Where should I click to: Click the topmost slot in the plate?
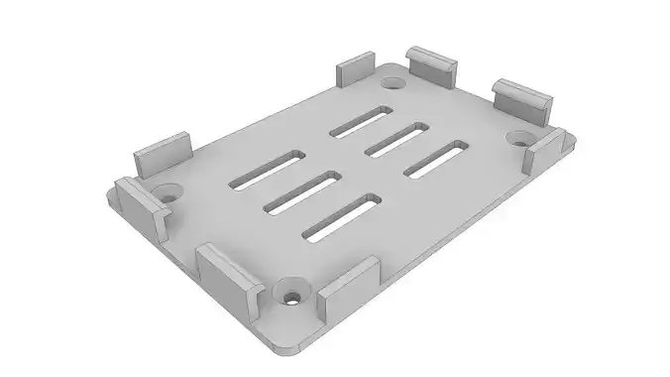point(362,120)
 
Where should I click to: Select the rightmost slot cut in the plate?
point(438,159)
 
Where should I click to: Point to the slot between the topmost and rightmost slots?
point(396,138)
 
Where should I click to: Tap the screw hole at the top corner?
point(392,82)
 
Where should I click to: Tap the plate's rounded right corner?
point(573,137)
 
